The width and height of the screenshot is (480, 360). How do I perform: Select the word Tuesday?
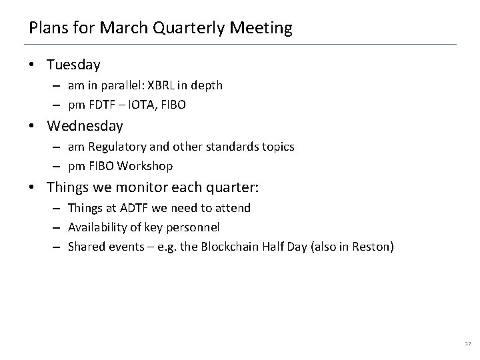(73, 65)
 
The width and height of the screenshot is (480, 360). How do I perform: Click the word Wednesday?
(85, 125)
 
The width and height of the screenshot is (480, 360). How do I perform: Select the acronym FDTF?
(100, 105)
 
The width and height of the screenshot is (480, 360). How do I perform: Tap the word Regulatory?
(113, 146)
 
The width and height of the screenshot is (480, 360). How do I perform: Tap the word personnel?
(195, 227)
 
